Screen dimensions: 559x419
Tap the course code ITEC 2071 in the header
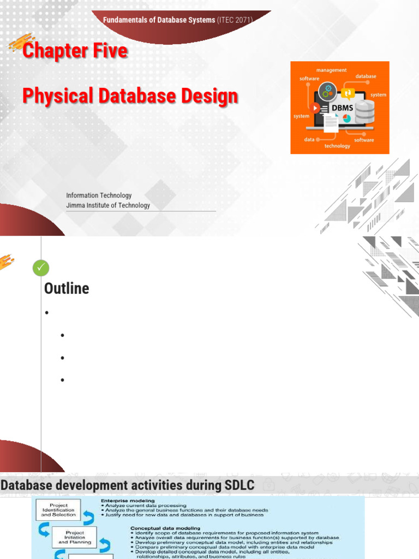[x=235, y=20]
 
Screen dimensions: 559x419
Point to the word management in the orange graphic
[x=331, y=70]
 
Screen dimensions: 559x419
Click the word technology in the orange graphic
[x=337, y=146]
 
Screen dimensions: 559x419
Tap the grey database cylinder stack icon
[x=364, y=112]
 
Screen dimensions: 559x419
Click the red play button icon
[x=315, y=108]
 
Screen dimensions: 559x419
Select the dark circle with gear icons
[x=328, y=90]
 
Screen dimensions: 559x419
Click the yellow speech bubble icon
[x=348, y=93]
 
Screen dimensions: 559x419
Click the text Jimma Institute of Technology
[x=108, y=205]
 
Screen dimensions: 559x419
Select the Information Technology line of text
[x=99, y=195]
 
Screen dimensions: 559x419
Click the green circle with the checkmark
[x=41, y=267]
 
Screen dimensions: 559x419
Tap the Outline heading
[x=67, y=288]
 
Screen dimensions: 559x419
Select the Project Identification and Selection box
[x=58, y=510]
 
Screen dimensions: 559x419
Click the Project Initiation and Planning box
[x=75, y=537]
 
